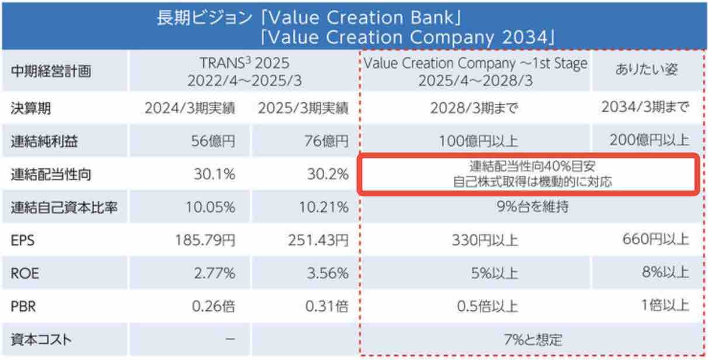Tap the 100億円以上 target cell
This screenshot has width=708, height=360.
pyautogui.click(x=474, y=141)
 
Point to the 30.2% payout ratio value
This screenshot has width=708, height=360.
pyautogui.click(x=328, y=174)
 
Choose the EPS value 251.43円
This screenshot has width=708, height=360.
pyautogui.click(x=318, y=240)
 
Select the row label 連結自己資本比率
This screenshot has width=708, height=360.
pyautogui.click(x=61, y=207)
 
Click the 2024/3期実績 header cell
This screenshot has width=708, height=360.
pyautogui.click(x=190, y=108)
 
